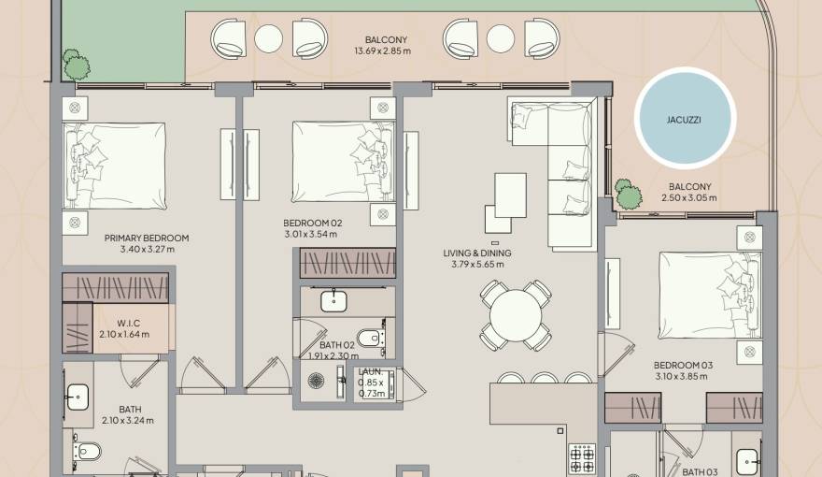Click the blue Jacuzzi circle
coord(685,121)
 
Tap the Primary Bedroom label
coord(147,238)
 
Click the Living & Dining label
coord(477,253)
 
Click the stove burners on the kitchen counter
coord(582,458)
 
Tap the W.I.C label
coord(128,323)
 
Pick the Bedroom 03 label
coord(679,365)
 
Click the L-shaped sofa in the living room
coord(560,164)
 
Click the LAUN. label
coord(371,372)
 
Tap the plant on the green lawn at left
coord(76,64)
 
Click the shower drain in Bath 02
coord(316,381)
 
